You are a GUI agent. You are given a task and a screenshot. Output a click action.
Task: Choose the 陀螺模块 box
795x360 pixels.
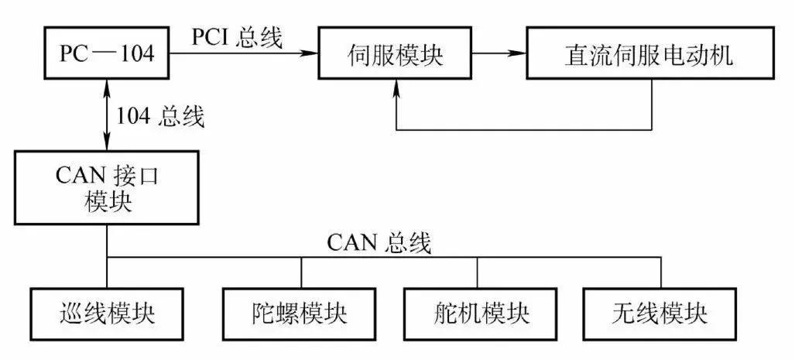point(300,314)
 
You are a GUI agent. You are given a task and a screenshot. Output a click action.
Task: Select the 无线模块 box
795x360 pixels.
point(660,314)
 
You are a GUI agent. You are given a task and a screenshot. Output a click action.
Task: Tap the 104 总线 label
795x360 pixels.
point(160,117)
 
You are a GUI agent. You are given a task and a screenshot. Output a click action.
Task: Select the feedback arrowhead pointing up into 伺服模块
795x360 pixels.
point(396,86)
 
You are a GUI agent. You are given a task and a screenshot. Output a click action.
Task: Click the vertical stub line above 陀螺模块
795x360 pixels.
point(300,272)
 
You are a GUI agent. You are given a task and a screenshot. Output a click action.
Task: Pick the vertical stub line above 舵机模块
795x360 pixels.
point(477,272)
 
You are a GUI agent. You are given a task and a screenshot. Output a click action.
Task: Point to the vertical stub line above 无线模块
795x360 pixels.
point(661,272)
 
